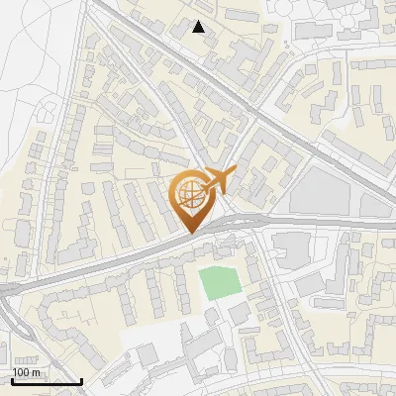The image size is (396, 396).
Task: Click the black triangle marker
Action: (199, 27)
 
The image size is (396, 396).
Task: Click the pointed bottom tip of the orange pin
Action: (191, 233)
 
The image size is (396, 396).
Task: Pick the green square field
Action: (221, 283)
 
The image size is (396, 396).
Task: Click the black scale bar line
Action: (47, 381)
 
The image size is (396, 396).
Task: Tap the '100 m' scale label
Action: (27, 372)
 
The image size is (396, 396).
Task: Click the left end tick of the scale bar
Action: (12, 379)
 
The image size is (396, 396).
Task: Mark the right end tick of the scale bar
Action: (81, 379)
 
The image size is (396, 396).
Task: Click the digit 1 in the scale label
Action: (16, 372)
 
